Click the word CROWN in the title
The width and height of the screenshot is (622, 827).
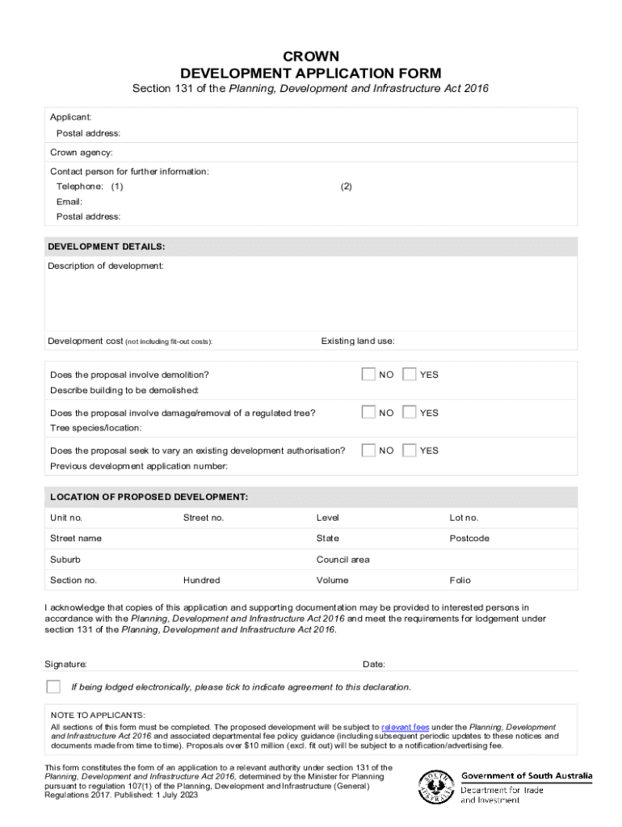pos(311,56)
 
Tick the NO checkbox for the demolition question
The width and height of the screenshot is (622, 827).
pos(368,374)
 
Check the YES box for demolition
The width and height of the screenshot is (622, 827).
pos(409,374)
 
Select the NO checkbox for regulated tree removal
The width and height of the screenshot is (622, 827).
pos(368,412)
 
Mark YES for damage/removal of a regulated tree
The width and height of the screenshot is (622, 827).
pos(409,412)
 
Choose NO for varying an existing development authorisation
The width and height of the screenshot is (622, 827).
pos(368,450)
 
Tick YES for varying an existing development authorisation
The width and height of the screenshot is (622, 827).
pos(409,450)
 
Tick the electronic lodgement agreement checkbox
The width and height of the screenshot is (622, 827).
pos(53,686)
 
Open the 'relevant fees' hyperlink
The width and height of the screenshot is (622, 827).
pos(405,727)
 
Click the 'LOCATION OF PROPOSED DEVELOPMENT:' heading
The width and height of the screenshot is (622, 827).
pos(148,496)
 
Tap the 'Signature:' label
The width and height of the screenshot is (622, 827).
pos(65,664)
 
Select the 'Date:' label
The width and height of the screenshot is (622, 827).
pos(374,664)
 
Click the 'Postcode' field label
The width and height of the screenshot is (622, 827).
pos(469,538)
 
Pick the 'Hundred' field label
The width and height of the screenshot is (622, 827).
pos(201,580)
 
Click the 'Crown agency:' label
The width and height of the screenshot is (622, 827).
pos(82,152)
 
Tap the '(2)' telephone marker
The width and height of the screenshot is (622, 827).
pos(347,187)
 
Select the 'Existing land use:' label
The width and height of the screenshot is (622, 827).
pos(358,341)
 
